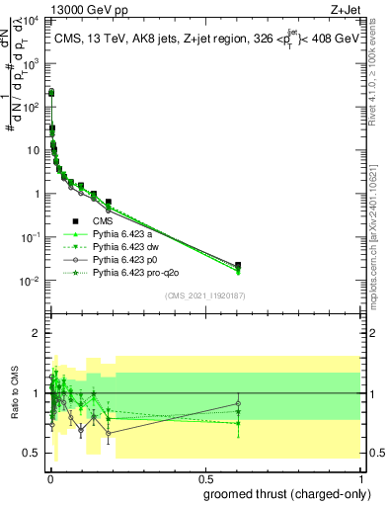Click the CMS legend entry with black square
point(104,221)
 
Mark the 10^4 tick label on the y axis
point(34,20)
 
